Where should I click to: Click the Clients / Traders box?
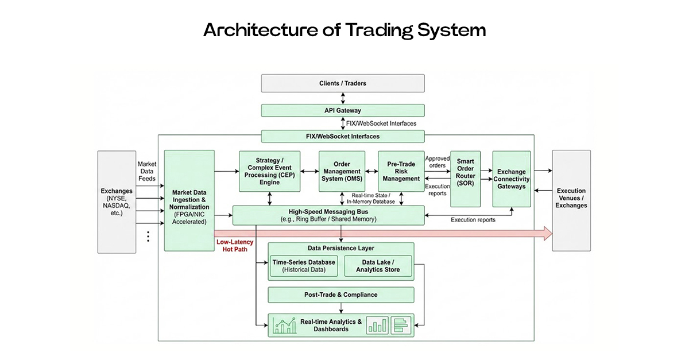pos(343,83)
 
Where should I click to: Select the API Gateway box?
pos(343,110)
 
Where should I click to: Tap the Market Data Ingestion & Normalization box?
pos(189,201)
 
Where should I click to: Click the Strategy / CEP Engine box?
pos(265,171)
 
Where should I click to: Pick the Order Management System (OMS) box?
pos(342,171)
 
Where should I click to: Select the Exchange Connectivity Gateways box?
pos(512,179)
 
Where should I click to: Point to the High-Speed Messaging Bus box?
pos(327,215)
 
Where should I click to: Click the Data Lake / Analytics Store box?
pos(378,266)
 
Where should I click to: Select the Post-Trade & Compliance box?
pos(341,295)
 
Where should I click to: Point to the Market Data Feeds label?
pos(147,171)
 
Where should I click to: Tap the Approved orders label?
pos(437,162)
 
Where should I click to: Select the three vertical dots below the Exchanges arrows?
pos(148,236)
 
